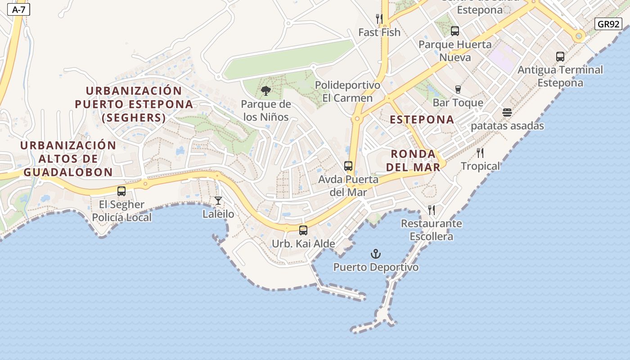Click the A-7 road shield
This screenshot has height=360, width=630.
click(x=18, y=9)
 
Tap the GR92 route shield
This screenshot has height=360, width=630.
click(x=608, y=24)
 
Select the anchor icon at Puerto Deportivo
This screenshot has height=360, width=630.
click(x=376, y=254)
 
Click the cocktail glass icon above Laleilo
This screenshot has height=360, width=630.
click(x=218, y=201)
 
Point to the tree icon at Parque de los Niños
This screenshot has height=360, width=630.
click(x=266, y=91)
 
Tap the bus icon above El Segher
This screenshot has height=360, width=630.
click(x=121, y=191)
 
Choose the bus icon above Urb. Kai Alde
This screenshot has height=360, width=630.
click(x=303, y=230)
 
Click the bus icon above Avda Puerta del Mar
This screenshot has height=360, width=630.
click(x=348, y=166)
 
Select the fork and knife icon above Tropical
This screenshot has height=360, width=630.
click(x=480, y=153)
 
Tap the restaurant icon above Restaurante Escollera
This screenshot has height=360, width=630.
click(x=432, y=210)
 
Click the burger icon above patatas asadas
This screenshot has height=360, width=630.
click(x=507, y=112)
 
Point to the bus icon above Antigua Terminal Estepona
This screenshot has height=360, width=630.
click(x=560, y=57)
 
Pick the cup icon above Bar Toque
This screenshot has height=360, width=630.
click(x=458, y=90)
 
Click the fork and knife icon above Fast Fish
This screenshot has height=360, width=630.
click(x=379, y=19)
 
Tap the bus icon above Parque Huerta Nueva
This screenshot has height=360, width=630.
click(x=455, y=31)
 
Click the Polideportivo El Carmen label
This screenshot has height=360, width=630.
click(x=347, y=91)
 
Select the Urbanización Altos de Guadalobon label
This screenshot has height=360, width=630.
click(x=68, y=158)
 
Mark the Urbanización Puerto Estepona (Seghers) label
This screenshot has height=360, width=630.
click(x=134, y=104)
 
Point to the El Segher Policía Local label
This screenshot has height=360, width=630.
click(x=121, y=211)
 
